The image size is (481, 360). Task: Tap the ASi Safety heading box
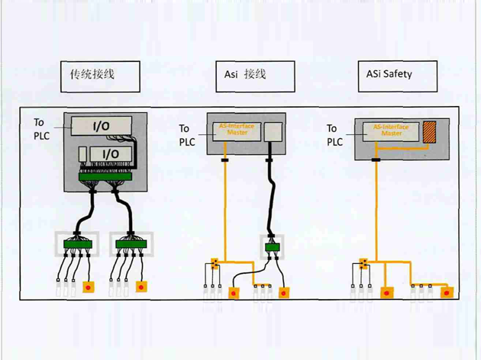pyautogui.click(x=397, y=76)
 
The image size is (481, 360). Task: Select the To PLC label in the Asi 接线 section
pyautogui.click(x=187, y=135)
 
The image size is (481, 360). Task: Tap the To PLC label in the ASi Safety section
pyautogui.click(x=335, y=135)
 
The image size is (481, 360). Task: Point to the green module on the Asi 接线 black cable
pyautogui.click(x=271, y=247)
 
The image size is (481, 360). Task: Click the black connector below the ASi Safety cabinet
pyautogui.click(x=376, y=160)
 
